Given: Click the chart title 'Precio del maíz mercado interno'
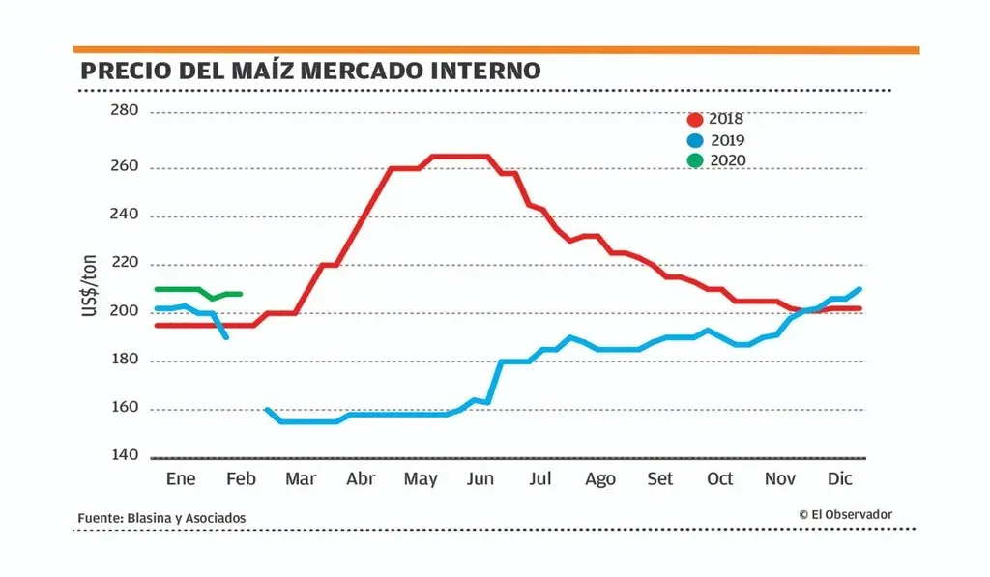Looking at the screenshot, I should (x=309, y=72).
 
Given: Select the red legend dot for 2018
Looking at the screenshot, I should (x=694, y=120).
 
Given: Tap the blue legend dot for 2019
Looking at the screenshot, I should (x=694, y=140).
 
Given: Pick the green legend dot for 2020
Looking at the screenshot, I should (x=694, y=160).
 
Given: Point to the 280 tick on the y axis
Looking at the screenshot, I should (x=126, y=111).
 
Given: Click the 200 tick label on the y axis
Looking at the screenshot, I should (x=126, y=312).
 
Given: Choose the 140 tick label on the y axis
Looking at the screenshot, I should (x=126, y=455).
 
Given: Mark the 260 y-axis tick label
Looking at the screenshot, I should (x=126, y=166).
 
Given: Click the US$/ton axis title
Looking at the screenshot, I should (x=89, y=288).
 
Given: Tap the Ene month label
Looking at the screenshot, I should (x=181, y=479).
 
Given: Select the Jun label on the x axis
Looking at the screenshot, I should (x=480, y=479).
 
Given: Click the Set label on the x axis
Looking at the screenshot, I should (x=660, y=479).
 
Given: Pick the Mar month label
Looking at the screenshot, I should (x=301, y=479).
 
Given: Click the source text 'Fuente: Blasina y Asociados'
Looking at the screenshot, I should (x=161, y=519).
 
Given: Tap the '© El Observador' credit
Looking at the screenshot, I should (x=845, y=515).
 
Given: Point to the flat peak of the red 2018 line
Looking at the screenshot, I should (x=459, y=156).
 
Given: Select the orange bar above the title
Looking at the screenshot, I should (x=496, y=49).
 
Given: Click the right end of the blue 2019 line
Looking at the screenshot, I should (x=859, y=289).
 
